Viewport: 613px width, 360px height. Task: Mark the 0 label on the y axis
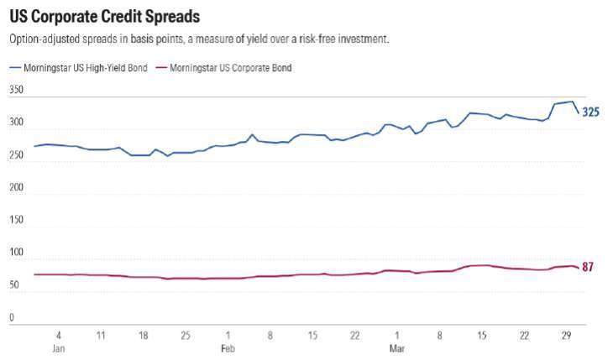[x=12, y=318]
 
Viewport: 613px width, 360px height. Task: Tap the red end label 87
[x=588, y=268]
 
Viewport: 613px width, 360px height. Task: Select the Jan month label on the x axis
[x=58, y=347]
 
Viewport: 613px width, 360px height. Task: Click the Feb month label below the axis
[x=228, y=347]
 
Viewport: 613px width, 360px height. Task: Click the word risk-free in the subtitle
[x=316, y=39]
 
